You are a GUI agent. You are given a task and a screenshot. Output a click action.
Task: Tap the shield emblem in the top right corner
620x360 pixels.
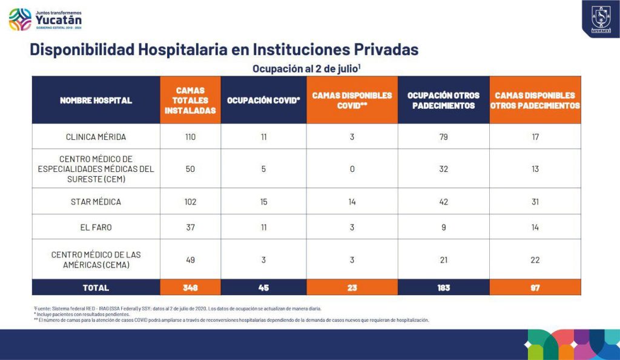point(601,19)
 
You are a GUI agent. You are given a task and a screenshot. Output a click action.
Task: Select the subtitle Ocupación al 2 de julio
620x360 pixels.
point(307,68)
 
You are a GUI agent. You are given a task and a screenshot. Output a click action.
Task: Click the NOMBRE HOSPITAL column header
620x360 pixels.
point(96,100)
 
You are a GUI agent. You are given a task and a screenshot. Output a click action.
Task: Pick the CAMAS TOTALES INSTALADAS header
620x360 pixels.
point(190,100)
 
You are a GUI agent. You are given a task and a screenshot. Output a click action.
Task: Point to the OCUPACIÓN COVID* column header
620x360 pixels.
point(263,100)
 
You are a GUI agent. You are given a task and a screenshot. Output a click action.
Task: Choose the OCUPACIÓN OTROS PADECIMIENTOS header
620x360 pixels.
point(443,100)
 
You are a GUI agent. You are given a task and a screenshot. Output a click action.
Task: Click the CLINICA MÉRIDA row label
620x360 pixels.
point(96,137)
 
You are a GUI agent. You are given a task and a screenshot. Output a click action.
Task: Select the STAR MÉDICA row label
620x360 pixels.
point(96,201)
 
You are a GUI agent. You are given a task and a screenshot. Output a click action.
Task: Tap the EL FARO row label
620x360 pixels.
point(96,227)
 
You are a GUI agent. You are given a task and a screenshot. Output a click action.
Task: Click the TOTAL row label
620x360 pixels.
point(96,287)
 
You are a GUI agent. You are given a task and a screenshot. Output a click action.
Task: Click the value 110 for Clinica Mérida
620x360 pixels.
point(190,137)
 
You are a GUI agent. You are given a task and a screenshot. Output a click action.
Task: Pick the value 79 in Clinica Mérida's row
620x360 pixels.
point(443,137)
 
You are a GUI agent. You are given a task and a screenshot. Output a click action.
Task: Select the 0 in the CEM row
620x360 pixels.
point(352,169)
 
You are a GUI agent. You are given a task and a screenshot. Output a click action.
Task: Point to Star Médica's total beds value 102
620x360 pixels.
point(190,201)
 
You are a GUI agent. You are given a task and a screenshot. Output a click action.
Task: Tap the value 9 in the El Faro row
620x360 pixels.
point(443,227)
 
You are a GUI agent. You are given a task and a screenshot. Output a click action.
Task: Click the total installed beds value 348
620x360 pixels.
point(190,287)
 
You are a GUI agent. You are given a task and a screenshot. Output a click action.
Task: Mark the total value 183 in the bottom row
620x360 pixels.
point(443,287)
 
